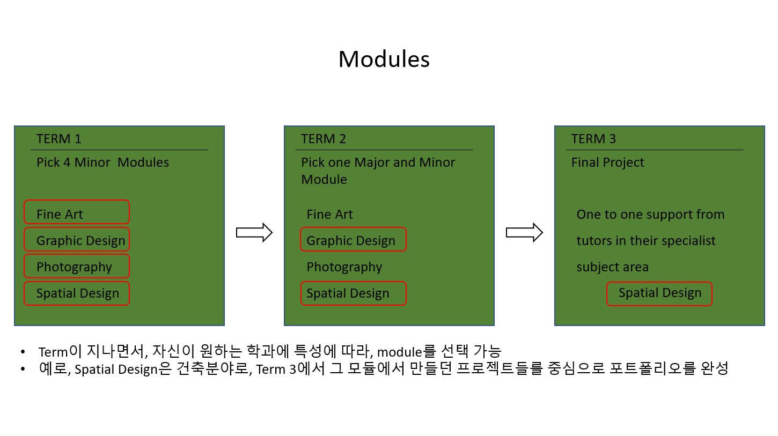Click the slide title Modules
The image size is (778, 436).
(384, 59)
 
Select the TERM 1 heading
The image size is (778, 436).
(58, 139)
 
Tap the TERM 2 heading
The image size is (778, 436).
(324, 139)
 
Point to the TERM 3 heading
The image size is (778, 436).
(593, 139)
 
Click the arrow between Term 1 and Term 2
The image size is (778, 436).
(254, 232)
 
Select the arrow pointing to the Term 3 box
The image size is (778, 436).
(524, 232)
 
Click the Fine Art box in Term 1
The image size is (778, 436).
(77, 212)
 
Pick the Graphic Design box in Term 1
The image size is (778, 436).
(77, 239)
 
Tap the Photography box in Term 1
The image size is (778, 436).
(77, 266)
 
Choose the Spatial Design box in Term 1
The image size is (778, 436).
(77, 293)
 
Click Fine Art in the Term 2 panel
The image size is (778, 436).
(329, 215)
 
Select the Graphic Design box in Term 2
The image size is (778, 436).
(353, 239)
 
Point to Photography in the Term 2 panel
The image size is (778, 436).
(344, 267)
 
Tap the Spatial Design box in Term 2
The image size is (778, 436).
(353, 293)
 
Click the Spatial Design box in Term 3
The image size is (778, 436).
(659, 294)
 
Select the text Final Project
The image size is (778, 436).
(607, 162)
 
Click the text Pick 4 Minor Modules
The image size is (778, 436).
(102, 162)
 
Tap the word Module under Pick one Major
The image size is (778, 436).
(324, 180)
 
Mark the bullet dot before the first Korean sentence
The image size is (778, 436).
(23, 352)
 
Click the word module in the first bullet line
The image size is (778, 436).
(399, 352)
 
